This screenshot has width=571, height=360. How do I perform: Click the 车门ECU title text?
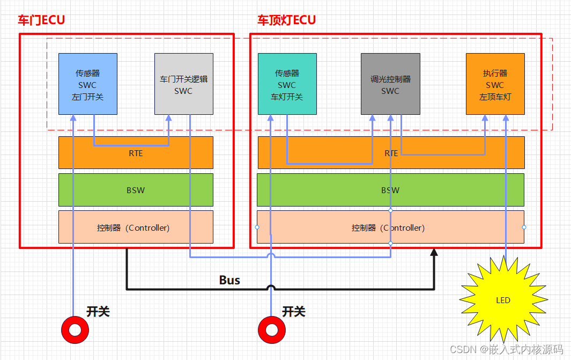coord(41,20)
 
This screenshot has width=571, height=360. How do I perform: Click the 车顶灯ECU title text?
coord(286,20)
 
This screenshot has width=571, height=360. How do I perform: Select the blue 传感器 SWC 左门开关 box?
coord(87,84)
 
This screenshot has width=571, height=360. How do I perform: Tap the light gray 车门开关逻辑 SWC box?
coord(183,84)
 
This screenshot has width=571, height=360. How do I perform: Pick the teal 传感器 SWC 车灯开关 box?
coord(287,84)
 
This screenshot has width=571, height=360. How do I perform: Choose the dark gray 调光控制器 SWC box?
coord(390,84)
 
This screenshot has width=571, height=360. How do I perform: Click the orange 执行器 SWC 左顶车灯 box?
coord(495,84)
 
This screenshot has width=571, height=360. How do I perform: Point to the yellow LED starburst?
coord(503,300)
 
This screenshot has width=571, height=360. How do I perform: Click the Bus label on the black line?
coord(229,280)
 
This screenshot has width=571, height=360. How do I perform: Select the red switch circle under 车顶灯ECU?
coord(271,330)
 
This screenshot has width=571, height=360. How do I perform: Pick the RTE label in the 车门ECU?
coord(136,153)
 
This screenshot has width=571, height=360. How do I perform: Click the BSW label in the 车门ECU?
coord(136,190)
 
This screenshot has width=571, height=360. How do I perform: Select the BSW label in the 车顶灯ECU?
coord(390,190)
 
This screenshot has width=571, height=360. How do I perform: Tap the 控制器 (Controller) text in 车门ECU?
coord(134,227)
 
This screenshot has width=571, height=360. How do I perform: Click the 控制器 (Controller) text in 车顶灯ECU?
coord(388,227)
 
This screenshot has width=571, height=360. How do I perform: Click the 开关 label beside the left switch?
coord(98,312)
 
